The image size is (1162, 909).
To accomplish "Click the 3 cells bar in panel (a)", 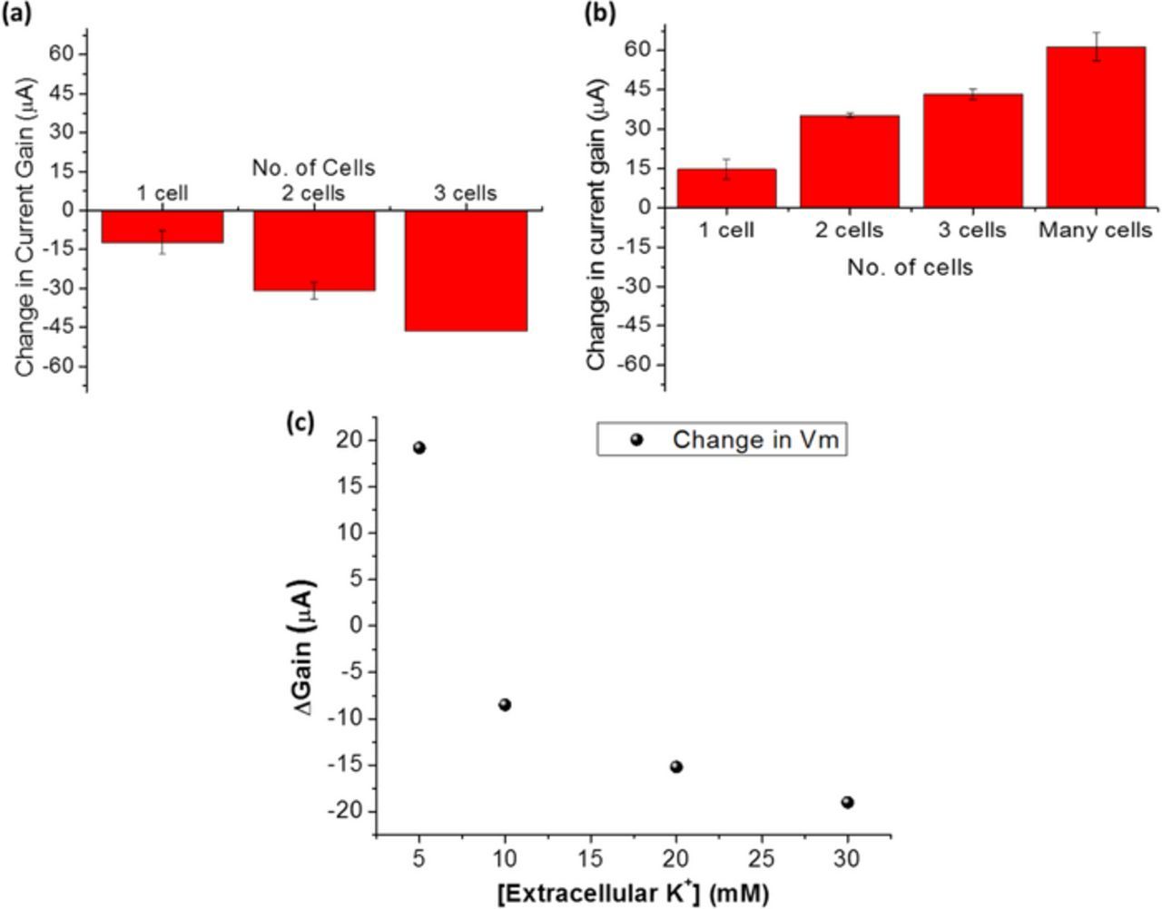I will tap(466, 270).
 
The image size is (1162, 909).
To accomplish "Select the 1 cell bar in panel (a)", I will tap(162, 226).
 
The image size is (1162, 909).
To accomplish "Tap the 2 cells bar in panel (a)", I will tap(314, 250).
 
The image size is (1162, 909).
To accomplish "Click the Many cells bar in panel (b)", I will tap(1096, 127).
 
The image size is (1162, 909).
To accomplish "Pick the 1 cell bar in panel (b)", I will tap(726, 188).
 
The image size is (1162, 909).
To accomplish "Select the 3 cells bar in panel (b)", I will tap(972, 151).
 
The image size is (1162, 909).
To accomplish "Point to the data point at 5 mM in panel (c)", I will tap(419, 447).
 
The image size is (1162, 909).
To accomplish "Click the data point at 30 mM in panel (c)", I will tap(848, 802).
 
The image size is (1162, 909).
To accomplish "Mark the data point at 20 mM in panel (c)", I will tap(676, 767).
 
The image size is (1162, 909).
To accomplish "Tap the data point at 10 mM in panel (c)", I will tap(505, 705).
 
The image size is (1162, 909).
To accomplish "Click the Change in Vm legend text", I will tap(755, 440).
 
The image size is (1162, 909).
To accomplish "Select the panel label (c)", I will tap(300, 422).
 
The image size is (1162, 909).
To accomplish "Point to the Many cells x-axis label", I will tap(1095, 230).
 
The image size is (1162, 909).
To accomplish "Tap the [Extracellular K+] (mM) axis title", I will tap(633, 894).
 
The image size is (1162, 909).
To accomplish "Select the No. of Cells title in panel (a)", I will tap(313, 168).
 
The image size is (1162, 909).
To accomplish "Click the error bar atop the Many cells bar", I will tap(1096, 46).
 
